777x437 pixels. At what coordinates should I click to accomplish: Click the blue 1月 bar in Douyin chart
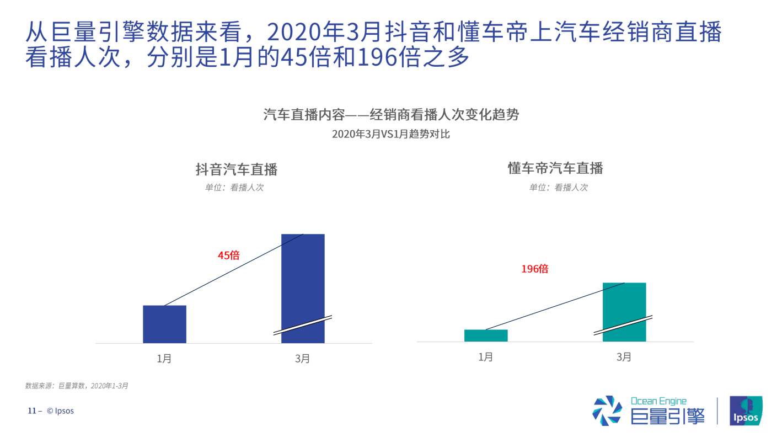pos(164,324)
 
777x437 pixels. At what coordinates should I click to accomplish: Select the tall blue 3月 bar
pos(303,276)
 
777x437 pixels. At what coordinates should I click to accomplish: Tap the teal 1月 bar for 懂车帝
pos(486,335)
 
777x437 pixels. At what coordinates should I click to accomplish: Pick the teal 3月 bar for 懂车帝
pos(624,303)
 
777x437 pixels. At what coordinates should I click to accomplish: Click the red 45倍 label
pos(228,255)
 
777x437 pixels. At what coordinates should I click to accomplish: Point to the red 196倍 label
pos(535,269)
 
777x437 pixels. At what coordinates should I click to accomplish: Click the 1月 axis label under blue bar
pos(164,359)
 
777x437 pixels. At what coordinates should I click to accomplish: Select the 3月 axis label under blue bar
pos(303,359)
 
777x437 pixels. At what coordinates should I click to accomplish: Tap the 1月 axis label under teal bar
pos(486,357)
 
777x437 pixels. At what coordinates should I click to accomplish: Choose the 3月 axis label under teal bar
pos(624,357)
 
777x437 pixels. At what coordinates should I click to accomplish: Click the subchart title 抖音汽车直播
pos(236,169)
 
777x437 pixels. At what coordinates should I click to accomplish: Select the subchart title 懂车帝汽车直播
pos(555,168)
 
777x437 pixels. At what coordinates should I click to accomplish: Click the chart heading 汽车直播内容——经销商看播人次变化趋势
pos(390,115)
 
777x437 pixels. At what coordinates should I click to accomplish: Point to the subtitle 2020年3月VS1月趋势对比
pos(390,134)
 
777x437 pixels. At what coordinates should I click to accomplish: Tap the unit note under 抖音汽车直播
pos(234,188)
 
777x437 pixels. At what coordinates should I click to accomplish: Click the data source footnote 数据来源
pos(77,386)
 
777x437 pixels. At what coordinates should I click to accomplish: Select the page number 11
pos(32,411)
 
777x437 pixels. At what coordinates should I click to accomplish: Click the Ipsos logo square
pos(746,411)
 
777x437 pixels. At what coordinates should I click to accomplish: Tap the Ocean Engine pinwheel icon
pos(607,411)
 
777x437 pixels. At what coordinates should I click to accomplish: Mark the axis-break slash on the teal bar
pos(623,325)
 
